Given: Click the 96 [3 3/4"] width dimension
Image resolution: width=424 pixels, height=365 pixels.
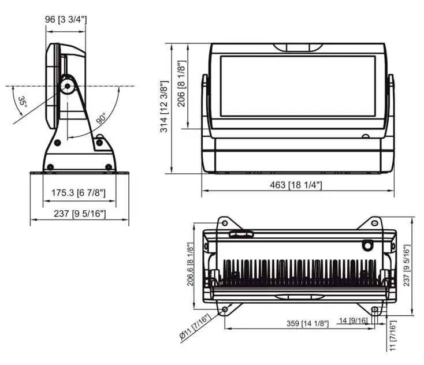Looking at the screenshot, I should point(66,20).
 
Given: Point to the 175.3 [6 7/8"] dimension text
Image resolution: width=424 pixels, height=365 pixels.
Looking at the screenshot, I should point(75,192).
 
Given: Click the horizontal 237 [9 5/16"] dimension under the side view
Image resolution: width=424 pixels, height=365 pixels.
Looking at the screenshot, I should point(79,214).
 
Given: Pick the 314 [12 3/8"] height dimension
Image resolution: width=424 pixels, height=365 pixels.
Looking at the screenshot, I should point(164,107).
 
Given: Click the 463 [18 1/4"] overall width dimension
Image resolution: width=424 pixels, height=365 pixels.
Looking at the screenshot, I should point(296,185).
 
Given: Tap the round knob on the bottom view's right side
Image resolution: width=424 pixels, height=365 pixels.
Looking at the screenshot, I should point(367,245).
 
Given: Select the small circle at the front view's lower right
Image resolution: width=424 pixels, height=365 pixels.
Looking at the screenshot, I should point(365,137).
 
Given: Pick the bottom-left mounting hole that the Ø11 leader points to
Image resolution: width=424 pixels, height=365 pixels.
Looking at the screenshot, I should point(224,310).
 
